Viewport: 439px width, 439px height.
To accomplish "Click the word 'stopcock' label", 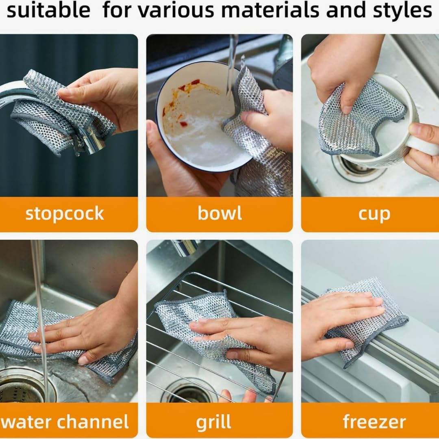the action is click(65, 214).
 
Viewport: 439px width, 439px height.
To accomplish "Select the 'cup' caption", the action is click(374, 215).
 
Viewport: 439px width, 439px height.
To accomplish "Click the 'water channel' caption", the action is click(65, 422).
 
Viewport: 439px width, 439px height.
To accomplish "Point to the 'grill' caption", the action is click(214, 422).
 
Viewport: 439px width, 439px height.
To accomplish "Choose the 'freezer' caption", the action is click(374, 422).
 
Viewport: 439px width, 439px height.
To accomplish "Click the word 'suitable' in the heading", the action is click(48, 10).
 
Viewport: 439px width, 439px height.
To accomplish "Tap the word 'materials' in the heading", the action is click(270, 10).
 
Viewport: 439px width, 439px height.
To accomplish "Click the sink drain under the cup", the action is click(357, 168).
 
